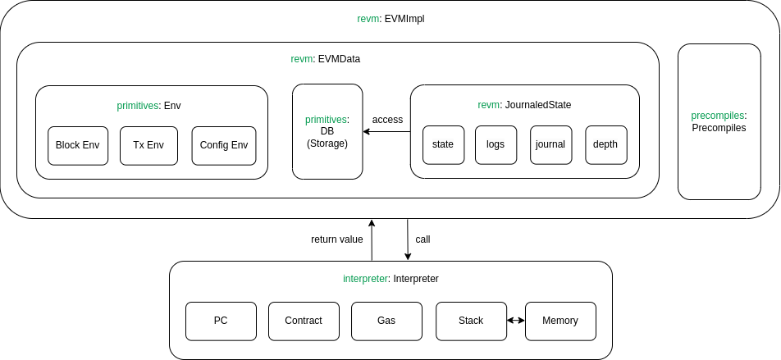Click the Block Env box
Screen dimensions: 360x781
coord(77,145)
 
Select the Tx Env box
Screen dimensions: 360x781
coord(148,145)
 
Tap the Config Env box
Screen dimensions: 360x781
coord(224,145)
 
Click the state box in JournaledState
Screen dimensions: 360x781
coord(443,144)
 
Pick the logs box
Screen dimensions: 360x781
coord(496,144)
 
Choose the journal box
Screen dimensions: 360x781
coord(550,144)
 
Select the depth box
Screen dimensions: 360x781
coord(605,144)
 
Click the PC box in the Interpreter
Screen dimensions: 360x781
coord(221,321)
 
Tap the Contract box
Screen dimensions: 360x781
coord(304,321)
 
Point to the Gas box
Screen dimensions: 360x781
coord(386,321)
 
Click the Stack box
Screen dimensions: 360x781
coord(471,321)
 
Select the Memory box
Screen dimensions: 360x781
coord(560,321)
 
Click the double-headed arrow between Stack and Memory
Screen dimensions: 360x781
coord(516,321)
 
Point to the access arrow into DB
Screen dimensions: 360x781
coord(386,131)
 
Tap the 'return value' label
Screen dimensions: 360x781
coord(336,239)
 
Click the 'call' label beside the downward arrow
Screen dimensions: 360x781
coord(422,239)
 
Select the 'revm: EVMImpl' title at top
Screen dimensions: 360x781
coord(390,18)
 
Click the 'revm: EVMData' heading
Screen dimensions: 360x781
coord(326,59)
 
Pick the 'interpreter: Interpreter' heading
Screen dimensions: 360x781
coord(390,279)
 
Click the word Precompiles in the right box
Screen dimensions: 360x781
coord(719,128)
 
